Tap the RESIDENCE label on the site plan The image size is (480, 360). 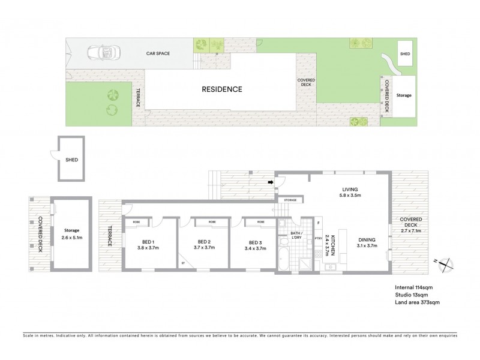click(221, 89)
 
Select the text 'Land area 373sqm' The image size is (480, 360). click(418, 303)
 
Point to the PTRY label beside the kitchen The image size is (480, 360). click(318, 239)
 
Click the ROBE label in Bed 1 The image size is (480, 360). click(136, 221)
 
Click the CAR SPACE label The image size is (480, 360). click(158, 53)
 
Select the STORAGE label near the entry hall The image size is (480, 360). click(290, 200)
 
